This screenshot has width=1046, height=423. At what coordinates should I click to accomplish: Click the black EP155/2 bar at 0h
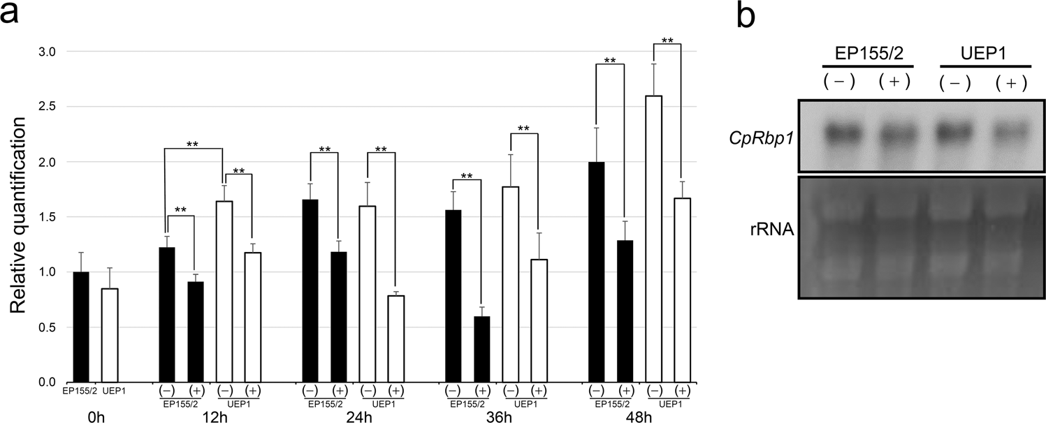point(81,327)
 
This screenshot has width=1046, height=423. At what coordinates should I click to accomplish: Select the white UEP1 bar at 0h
point(108,335)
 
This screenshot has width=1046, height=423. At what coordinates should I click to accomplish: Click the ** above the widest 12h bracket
point(194,144)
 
